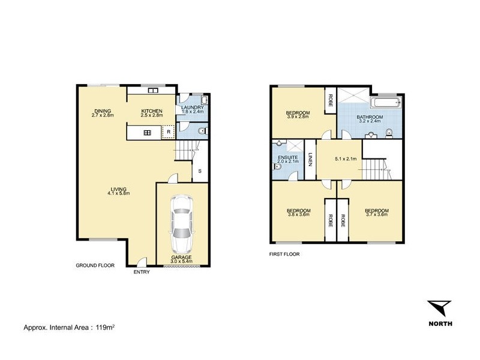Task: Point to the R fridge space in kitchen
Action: point(169,132)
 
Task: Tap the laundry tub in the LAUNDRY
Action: point(203,100)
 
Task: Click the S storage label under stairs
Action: point(200,171)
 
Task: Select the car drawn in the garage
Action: point(182,226)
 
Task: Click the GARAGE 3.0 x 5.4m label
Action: point(182,259)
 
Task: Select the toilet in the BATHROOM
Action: point(389,132)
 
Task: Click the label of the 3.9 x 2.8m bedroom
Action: point(298,115)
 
